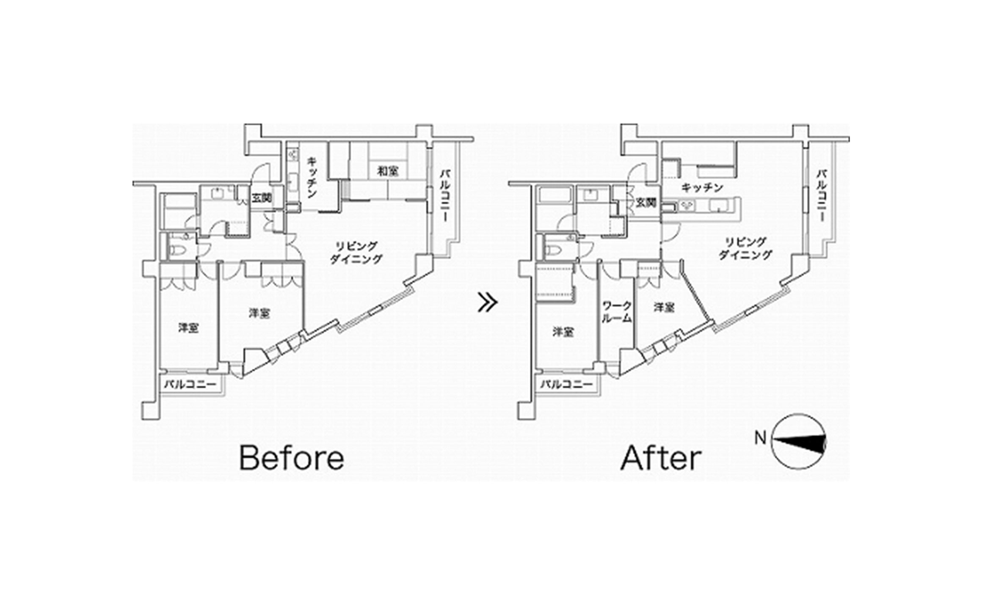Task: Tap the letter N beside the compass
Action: coord(761,438)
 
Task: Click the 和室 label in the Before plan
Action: coord(388,172)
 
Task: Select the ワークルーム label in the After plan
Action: coord(617,312)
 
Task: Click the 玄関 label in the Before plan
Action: coord(262,198)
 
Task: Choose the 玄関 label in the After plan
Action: coord(646,203)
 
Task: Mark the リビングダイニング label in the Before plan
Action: coord(356,253)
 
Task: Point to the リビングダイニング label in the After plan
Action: coord(745,248)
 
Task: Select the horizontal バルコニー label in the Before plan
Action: coord(190,385)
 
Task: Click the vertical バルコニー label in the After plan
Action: coord(822,195)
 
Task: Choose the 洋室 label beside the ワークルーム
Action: coord(664,308)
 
